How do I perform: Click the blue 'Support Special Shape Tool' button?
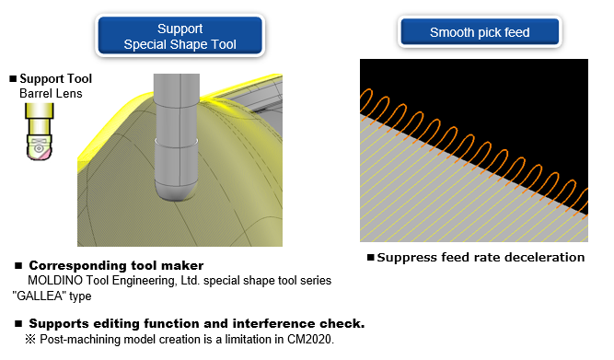pyautogui.click(x=180, y=36)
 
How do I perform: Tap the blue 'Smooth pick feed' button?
pyautogui.click(x=480, y=31)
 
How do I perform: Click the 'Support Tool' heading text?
pyautogui.click(x=55, y=79)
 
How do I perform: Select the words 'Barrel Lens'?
pyautogui.click(x=51, y=94)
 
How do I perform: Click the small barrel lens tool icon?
pyautogui.click(x=40, y=132)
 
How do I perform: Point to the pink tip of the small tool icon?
pyautogui.click(x=44, y=155)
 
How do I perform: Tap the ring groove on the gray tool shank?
pyautogui.click(x=176, y=141)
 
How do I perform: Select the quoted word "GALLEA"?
pyautogui.click(x=40, y=296)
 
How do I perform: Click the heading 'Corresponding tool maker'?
pyautogui.click(x=116, y=265)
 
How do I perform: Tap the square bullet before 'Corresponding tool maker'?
pyautogui.click(x=18, y=266)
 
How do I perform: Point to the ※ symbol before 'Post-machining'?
pyautogui.click(x=30, y=339)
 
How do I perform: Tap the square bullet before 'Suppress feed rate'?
pyautogui.click(x=371, y=258)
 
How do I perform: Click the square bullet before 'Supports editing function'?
pyautogui.click(x=18, y=323)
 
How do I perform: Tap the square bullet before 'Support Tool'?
pyautogui.click(x=13, y=79)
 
